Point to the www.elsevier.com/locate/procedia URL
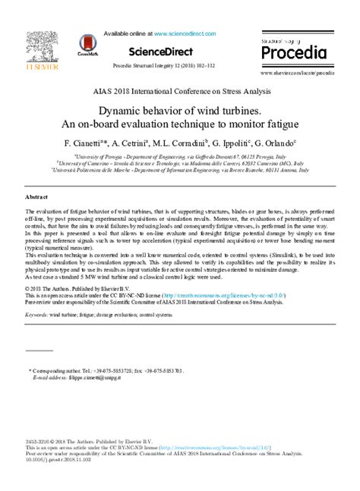(298, 74)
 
